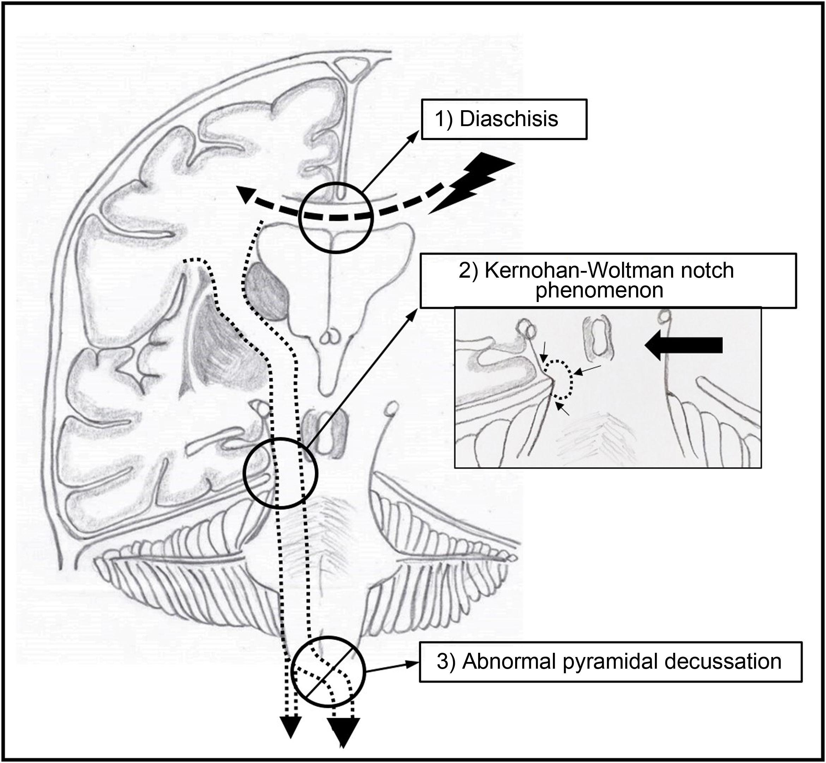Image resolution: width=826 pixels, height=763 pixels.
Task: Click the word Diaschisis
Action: (509, 119)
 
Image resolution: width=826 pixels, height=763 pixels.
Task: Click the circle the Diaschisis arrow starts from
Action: (335, 217)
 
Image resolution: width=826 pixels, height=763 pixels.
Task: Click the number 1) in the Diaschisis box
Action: (444, 119)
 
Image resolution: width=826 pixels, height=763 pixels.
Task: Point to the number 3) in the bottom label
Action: (445, 661)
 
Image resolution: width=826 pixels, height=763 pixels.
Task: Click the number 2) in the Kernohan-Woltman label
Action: (469, 271)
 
